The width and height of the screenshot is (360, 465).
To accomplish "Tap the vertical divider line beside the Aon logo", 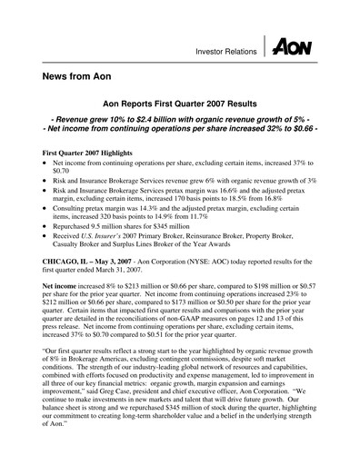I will coord(267,48).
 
